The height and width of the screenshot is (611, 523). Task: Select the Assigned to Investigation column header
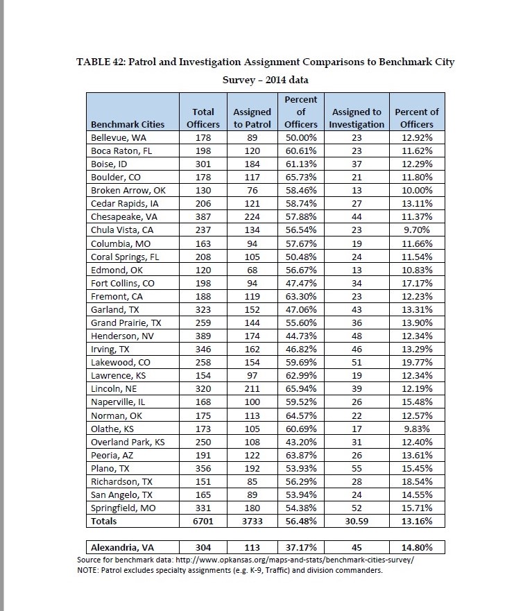[357, 118]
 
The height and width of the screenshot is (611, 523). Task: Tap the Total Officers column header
[203, 118]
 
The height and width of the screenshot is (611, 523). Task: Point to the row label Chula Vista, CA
[117, 230]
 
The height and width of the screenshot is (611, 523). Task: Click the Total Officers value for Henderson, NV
[203, 335]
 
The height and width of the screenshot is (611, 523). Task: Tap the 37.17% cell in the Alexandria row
[300, 547]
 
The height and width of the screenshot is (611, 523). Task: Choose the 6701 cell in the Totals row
[203, 520]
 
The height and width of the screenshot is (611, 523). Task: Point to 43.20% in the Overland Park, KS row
[300, 441]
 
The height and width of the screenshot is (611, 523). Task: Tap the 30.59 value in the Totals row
[357, 520]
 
